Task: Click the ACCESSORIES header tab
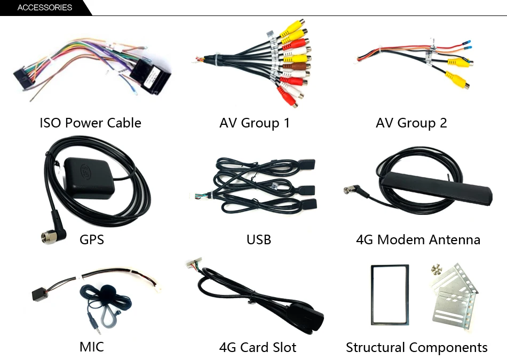tap(44, 7)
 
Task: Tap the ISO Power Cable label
tap(90, 123)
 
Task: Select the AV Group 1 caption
tap(254, 123)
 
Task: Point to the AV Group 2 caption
tap(411, 123)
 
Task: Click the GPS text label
tap(91, 239)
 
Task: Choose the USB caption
tap(258, 239)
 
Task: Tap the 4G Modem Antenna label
tap(418, 239)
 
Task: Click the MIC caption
tap(91, 347)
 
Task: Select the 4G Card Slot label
tap(257, 348)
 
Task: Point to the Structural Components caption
tap(416, 348)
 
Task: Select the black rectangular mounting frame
tap(389, 294)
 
